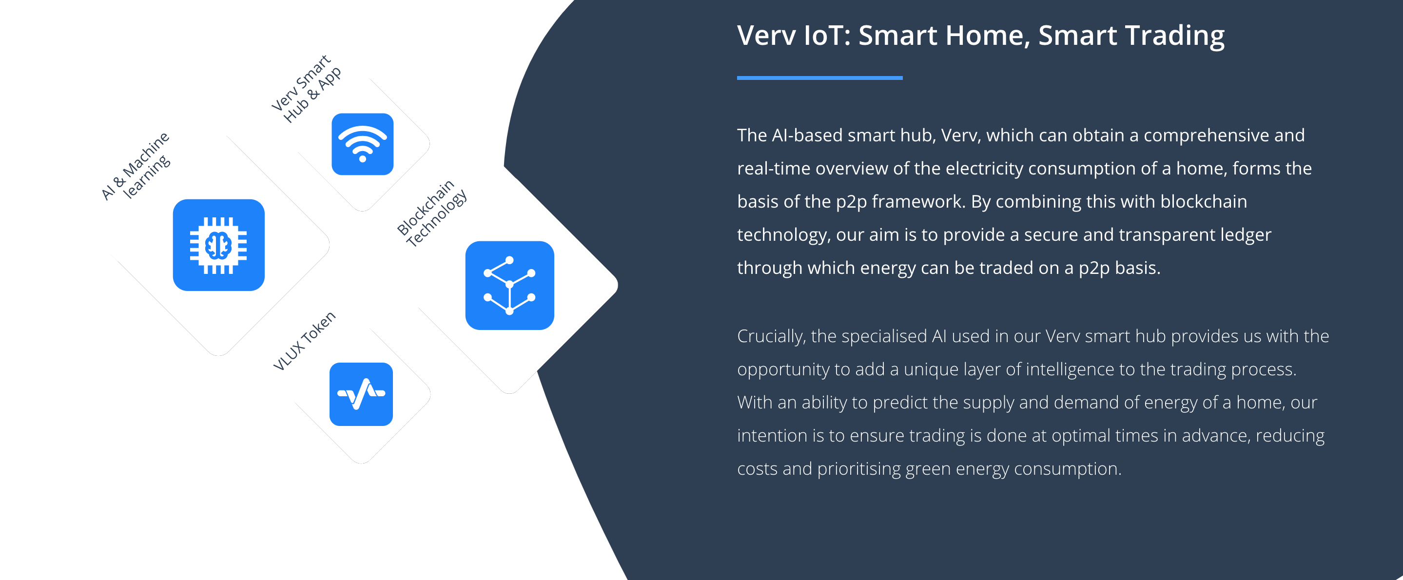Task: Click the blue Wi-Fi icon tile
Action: pos(362,144)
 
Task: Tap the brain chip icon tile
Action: pos(219,245)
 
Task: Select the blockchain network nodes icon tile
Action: pos(510,286)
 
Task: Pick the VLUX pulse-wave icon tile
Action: pos(361,394)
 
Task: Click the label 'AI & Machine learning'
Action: pos(136,166)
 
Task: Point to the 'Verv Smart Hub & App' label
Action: pos(307,89)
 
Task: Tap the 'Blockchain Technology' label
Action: pos(432,213)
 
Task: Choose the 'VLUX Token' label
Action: pos(304,341)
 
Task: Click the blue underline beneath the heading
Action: pos(819,78)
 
